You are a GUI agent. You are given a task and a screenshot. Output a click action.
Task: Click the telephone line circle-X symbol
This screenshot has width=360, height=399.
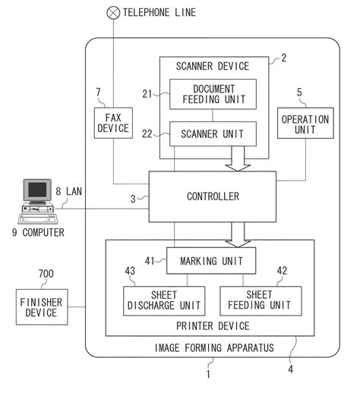click(x=114, y=12)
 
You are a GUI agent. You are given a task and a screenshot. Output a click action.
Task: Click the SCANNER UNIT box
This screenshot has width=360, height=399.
click(x=213, y=135)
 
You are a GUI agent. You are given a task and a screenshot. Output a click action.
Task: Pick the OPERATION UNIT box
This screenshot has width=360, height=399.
click(x=305, y=125)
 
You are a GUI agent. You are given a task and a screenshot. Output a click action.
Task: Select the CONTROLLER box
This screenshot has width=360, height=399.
click(x=212, y=196)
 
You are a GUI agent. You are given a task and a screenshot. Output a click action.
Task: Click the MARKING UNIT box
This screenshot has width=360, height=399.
click(x=210, y=262)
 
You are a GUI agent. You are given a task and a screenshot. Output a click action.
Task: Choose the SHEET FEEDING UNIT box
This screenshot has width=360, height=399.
click(x=261, y=300)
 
